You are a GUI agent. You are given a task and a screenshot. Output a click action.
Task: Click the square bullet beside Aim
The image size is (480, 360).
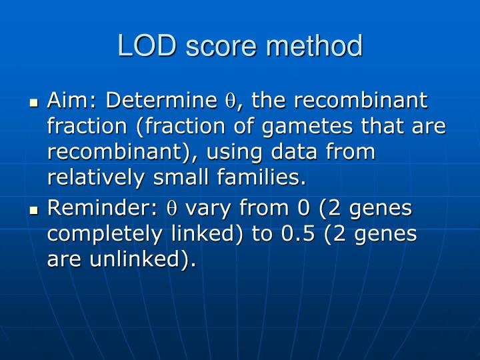coord(35,103)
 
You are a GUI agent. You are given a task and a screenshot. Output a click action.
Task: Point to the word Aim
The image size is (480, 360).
coord(69,101)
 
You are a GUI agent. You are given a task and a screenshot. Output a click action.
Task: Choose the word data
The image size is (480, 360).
coord(299,152)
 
